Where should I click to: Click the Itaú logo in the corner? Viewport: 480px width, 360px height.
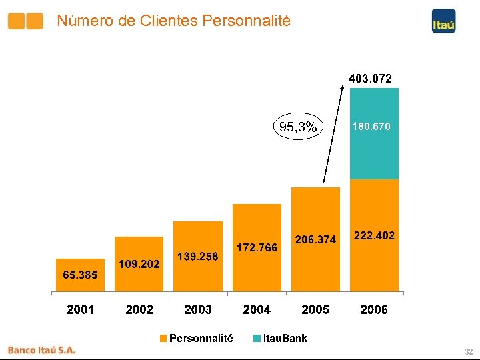pos(443,21)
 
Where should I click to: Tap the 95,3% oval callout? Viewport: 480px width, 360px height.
pos(297,127)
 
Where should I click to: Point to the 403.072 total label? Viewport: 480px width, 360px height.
pos(371,79)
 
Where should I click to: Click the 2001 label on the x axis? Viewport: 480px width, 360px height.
pos(80,309)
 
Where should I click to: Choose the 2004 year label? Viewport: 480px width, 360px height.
pos(257,309)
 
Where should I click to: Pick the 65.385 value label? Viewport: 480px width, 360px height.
pos(80,275)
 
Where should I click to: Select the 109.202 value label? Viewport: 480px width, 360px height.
pos(139,264)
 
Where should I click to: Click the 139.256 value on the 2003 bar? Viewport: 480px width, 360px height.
pos(198,256)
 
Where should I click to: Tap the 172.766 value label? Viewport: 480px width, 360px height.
pos(257,248)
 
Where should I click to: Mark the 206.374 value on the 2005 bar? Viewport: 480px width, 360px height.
pos(315,239)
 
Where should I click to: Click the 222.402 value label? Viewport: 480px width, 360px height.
pos(374,235)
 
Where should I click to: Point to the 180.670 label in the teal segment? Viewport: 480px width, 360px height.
pos(371,126)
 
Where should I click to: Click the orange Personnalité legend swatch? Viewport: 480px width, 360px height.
pos(163,339)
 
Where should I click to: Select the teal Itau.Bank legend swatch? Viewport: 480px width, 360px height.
pos(257,339)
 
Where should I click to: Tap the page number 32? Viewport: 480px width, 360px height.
pos(469,351)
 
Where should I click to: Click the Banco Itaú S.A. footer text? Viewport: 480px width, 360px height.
pos(41,349)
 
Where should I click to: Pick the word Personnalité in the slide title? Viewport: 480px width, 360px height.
pos(248,21)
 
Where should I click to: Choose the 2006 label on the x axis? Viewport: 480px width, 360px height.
pos(374,309)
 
